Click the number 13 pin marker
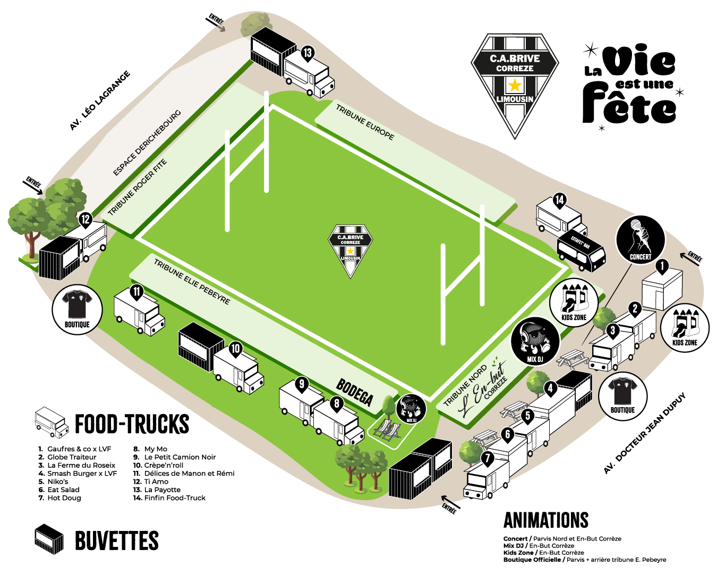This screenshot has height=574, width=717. (308, 53)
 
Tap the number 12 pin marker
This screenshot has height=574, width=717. (86, 220)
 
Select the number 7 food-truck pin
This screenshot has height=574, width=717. (487, 458)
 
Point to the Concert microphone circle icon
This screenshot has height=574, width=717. (640, 240)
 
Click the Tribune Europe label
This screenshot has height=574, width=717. (365, 122)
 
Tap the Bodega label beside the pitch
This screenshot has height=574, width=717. (355, 392)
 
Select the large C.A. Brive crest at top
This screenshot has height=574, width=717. (515, 85)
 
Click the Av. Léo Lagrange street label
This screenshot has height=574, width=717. (100, 101)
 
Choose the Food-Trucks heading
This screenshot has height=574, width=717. (132, 424)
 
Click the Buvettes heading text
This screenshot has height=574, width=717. (117, 541)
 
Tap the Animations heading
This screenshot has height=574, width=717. (546, 520)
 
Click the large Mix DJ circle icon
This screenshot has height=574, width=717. (535, 342)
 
